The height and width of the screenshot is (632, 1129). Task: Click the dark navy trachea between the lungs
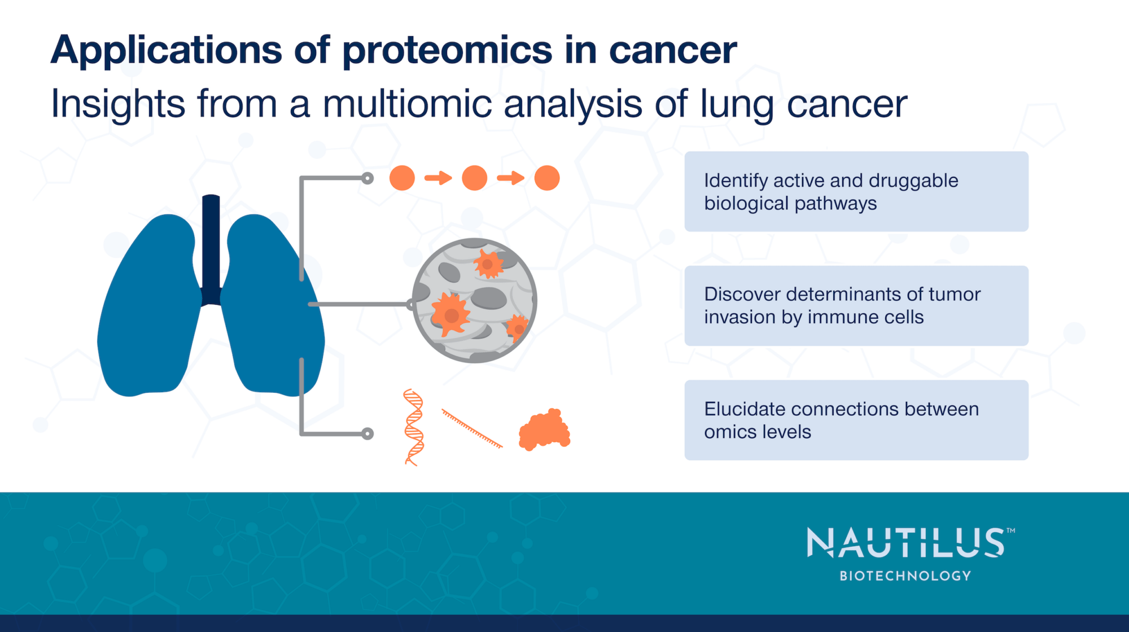point(211,248)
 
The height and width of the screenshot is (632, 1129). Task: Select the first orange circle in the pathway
point(402,178)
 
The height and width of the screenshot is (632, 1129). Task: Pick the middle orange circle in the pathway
point(474,178)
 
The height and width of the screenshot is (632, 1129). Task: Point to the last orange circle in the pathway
point(546,178)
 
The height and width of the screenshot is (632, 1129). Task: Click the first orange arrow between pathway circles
point(438,178)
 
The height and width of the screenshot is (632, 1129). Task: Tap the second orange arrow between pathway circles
point(510,178)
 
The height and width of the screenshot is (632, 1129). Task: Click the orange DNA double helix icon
point(414,427)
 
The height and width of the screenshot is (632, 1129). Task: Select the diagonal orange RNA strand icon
point(472,429)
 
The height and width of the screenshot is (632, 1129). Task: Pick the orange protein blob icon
point(544,431)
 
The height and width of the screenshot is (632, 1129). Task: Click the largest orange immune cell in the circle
point(450,314)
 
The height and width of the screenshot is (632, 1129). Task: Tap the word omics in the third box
point(728,432)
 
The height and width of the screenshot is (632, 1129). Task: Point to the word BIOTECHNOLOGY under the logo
point(905,576)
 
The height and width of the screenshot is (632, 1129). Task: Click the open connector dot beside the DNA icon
point(367,433)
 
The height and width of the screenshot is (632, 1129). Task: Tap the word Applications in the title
point(167,51)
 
